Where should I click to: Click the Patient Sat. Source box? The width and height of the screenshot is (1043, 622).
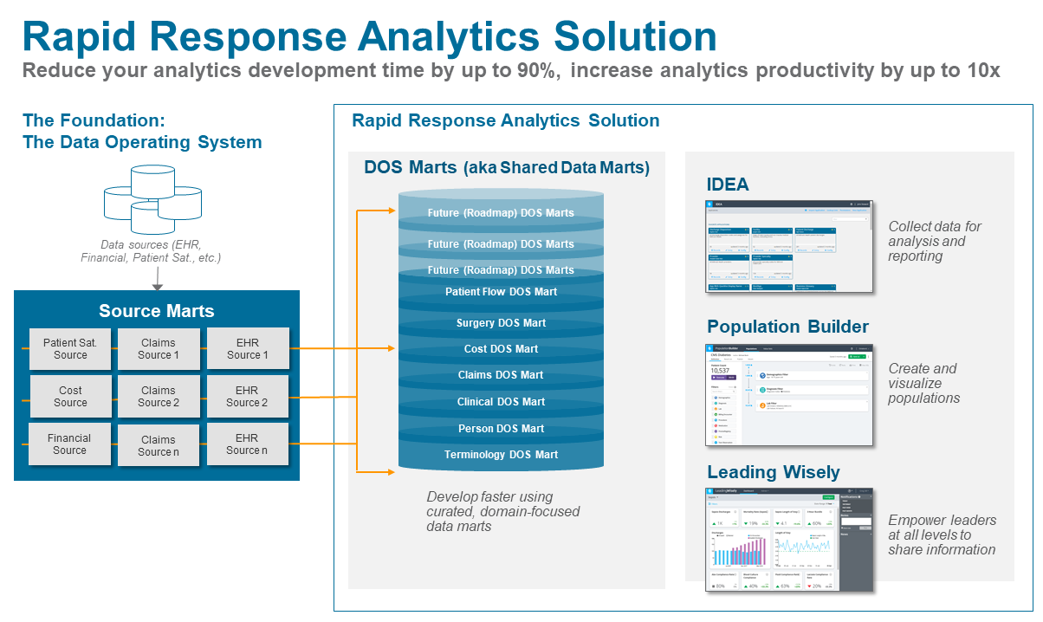tap(70, 349)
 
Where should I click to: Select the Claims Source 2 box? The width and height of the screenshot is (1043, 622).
tap(159, 397)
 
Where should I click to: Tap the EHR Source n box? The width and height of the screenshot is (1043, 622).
tap(247, 444)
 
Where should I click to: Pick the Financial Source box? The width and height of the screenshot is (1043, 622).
tap(69, 444)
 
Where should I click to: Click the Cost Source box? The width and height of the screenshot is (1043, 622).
tap(70, 397)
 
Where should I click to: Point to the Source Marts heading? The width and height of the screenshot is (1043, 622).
tap(156, 311)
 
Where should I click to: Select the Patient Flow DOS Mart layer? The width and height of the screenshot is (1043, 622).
tap(501, 292)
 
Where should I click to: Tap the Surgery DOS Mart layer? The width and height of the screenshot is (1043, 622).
tap(501, 323)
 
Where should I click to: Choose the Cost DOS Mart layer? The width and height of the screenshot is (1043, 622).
tap(501, 349)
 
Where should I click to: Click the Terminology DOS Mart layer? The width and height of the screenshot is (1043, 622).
tap(501, 455)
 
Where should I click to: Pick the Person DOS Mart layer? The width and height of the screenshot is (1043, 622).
tap(501, 429)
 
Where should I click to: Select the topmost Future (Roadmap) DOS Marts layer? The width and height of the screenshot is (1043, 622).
tap(501, 213)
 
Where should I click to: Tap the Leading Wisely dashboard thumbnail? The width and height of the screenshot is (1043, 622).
tap(789, 539)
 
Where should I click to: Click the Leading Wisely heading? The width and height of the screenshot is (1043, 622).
tap(773, 472)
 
